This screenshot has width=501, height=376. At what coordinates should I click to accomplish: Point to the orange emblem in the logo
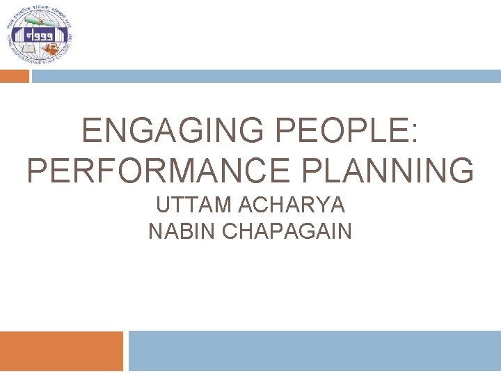coord(53,49)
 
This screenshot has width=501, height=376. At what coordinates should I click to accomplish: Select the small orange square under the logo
coord(15,76)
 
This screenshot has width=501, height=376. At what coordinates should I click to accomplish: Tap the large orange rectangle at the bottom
coord(61,351)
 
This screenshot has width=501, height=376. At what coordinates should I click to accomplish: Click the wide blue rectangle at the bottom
coord(315,351)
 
